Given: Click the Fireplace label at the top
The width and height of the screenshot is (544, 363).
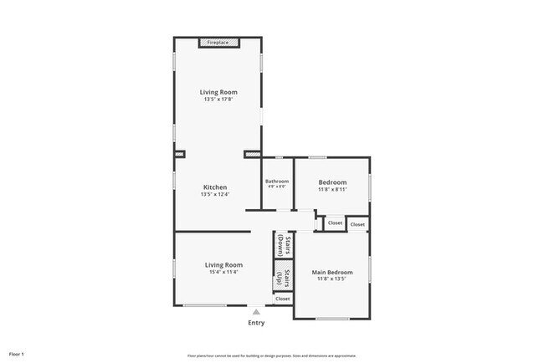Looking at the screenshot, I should pyautogui.click(x=218, y=42).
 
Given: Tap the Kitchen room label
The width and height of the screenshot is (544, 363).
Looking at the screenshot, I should pyautogui.click(x=215, y=187).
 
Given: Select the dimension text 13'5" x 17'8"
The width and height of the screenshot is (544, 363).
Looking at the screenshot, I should pyautogui.click(x=218, y=100).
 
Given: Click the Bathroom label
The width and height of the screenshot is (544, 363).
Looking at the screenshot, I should pyautogui.click(x=277, y=181).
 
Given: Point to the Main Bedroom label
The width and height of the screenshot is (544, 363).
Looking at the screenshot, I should pyautogui.click(x=331, y=272).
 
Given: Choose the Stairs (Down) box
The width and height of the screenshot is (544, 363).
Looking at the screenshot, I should pyautogui.click(x=282, y=245).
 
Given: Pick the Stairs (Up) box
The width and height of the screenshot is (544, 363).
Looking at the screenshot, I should pyautogui.click(x=282, y=277).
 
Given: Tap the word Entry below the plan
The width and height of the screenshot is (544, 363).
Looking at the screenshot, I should pyautogui.click(x=256, y=323).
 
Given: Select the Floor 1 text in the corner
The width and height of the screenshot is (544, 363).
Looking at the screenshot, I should pyautogui.click(x=17, y=354).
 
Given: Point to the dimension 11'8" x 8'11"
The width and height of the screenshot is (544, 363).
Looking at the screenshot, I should pyautogui.click(x=331, y=189).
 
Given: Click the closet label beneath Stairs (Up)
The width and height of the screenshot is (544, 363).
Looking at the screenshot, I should pyautogui.click(x=283, y=299).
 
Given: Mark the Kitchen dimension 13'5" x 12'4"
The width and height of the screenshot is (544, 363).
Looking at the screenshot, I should pyautogui.click(x=215, y=194).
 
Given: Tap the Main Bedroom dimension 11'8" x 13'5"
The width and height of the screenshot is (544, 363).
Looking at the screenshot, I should pyautogui.click(x=331, y=279).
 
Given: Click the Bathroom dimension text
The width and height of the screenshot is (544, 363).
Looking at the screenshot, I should pyautogui.click(x=277, y=187).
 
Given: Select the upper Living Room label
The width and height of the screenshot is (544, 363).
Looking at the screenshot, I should pyautogui.click(x=218, y=92).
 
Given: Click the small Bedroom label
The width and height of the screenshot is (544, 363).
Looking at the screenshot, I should pyautogui.click(x=331, y=181).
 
